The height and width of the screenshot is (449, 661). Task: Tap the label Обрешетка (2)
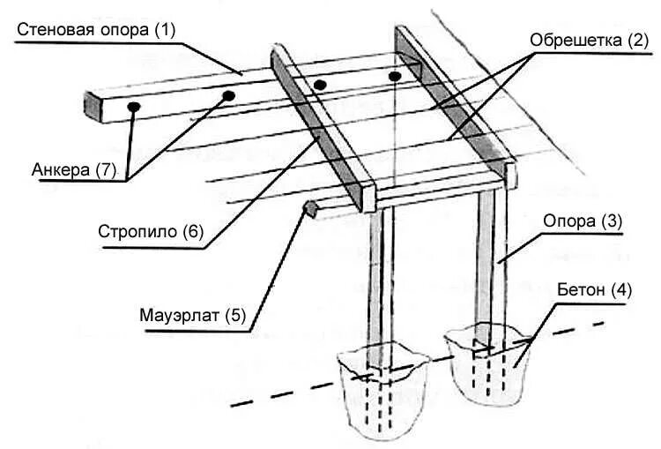click(x=589, y=40)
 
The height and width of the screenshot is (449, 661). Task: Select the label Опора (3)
click(x=583, y=222)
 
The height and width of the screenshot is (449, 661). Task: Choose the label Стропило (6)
click(x=152, y=234)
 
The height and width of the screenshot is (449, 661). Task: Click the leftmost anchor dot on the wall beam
click(x=133, y=106)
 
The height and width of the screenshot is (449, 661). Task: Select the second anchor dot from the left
click(x=228, y=94)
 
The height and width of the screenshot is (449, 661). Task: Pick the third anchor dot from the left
click(x=320, y=85)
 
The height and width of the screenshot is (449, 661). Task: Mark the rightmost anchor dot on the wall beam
click(x=396, y=77)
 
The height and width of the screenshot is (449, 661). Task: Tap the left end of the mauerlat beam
click(x=308, y=209)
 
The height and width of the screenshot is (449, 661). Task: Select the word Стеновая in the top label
click(x=53, y=29)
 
